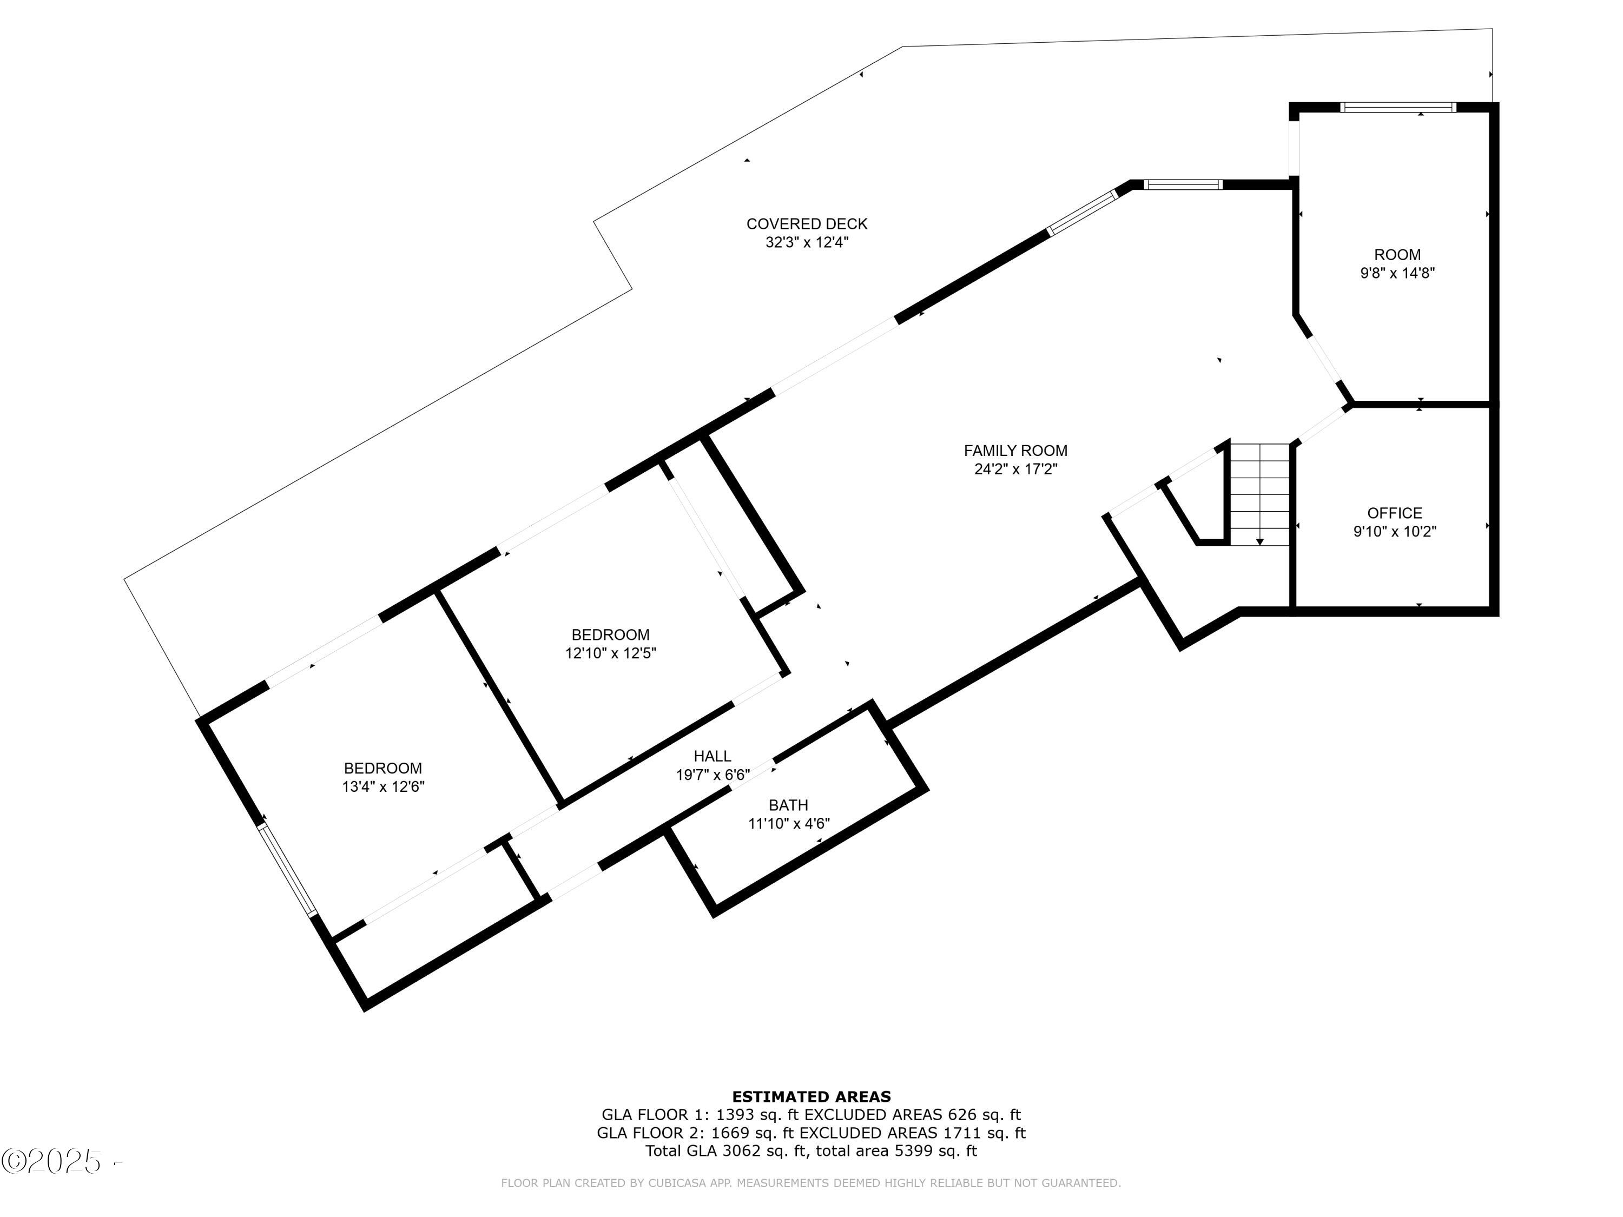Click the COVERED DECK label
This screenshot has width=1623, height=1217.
point(807,224)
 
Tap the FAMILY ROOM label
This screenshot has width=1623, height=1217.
point(1015,451)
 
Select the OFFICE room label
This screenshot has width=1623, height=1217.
point(1395,513)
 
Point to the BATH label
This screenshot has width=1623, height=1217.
point(789,805)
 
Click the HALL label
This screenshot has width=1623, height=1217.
point(712,756)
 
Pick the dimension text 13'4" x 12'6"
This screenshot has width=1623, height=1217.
point(383,787)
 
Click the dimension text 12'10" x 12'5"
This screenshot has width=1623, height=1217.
point(610,653)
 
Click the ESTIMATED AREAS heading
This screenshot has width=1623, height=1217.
point(811,1097)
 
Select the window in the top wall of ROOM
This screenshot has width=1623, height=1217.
point(1398,107)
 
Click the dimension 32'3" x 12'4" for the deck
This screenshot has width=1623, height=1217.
point(807,242)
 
